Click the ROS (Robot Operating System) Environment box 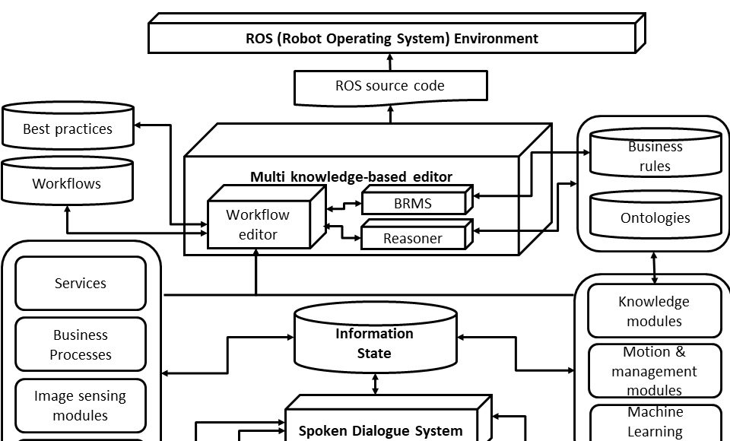(392, 38)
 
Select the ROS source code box (390, 86)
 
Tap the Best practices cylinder (68, 128)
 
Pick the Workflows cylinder (67, 183)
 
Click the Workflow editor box (258, 224)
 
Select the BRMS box (413, 203)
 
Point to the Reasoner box (413, 238)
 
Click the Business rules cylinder (655, 156)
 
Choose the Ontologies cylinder (655, 217)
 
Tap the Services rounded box (81, 283)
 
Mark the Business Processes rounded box (81, 344)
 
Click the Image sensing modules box (81, 405)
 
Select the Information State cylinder (375, 343)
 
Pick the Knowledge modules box (654, 311)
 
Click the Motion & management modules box (654, 371)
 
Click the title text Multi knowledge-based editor (351, 177)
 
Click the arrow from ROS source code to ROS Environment (390, 62)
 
